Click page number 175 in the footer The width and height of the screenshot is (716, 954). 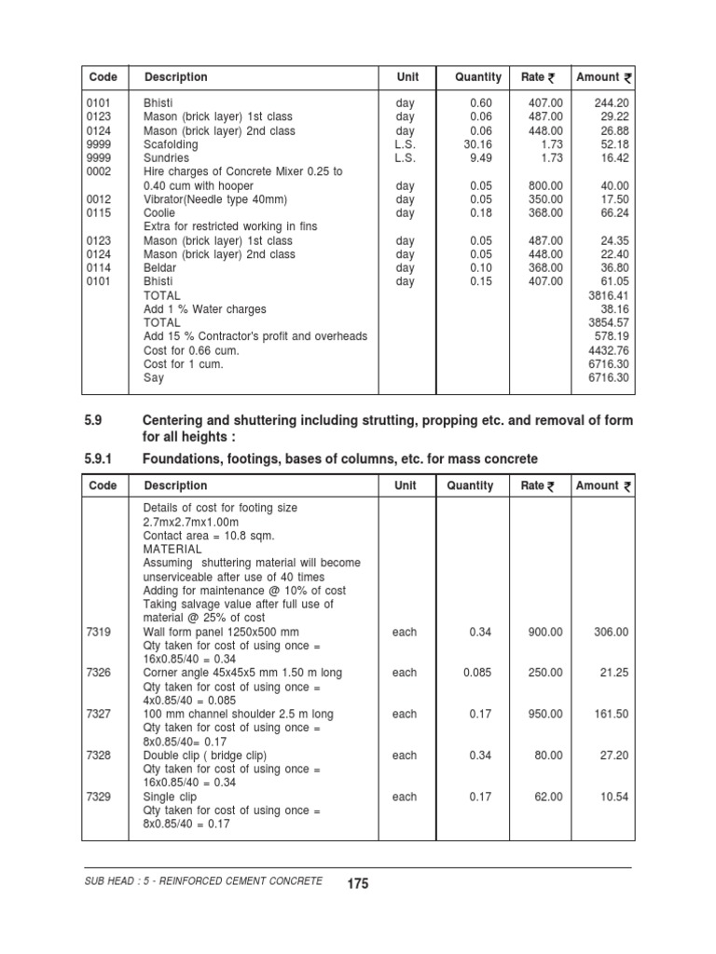pyautogui.click(x=357, y=883)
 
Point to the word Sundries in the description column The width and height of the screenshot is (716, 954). pyautogui.click(x=166, y=158)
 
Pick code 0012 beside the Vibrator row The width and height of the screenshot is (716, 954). pyautogui.click(x=99, y=199)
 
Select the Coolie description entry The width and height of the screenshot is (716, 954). pyautogui.click(x=159, y=213)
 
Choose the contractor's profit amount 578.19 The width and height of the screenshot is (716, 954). pyautogui.click(x=612, y=336)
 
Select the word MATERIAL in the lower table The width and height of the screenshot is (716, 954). pyautogui.click(x=172, y=550)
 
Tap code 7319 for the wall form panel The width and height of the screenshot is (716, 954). pyautogui.click(x=99, y=632)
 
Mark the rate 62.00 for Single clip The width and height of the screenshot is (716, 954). pyautogui.click(x=549, y=797)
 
